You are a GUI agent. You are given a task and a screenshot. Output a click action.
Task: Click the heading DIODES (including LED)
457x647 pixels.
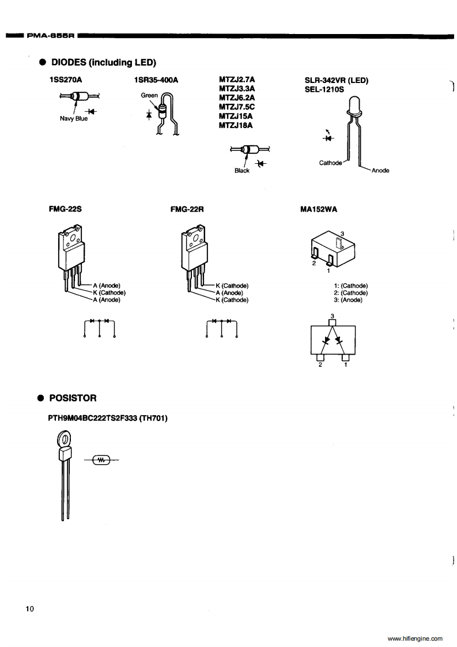[104, 62]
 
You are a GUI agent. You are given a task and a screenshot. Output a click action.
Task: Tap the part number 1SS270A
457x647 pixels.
[65, 81]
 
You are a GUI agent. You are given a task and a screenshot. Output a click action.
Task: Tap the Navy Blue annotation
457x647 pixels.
[74, 119]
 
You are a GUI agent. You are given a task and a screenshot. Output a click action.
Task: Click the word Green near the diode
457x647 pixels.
[149, 96]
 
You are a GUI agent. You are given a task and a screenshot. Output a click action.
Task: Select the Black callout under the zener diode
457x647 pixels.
[242, 171]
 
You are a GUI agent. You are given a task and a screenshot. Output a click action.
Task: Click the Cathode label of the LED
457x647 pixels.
[331, 163]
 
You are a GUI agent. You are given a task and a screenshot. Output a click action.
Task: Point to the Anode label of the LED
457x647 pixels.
[380, 170]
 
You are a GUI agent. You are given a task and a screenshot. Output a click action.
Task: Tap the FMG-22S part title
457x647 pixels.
[62, 210]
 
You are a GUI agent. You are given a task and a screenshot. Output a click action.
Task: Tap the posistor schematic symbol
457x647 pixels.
[102, 460]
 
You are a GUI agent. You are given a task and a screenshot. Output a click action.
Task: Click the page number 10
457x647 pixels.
[31, 608]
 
